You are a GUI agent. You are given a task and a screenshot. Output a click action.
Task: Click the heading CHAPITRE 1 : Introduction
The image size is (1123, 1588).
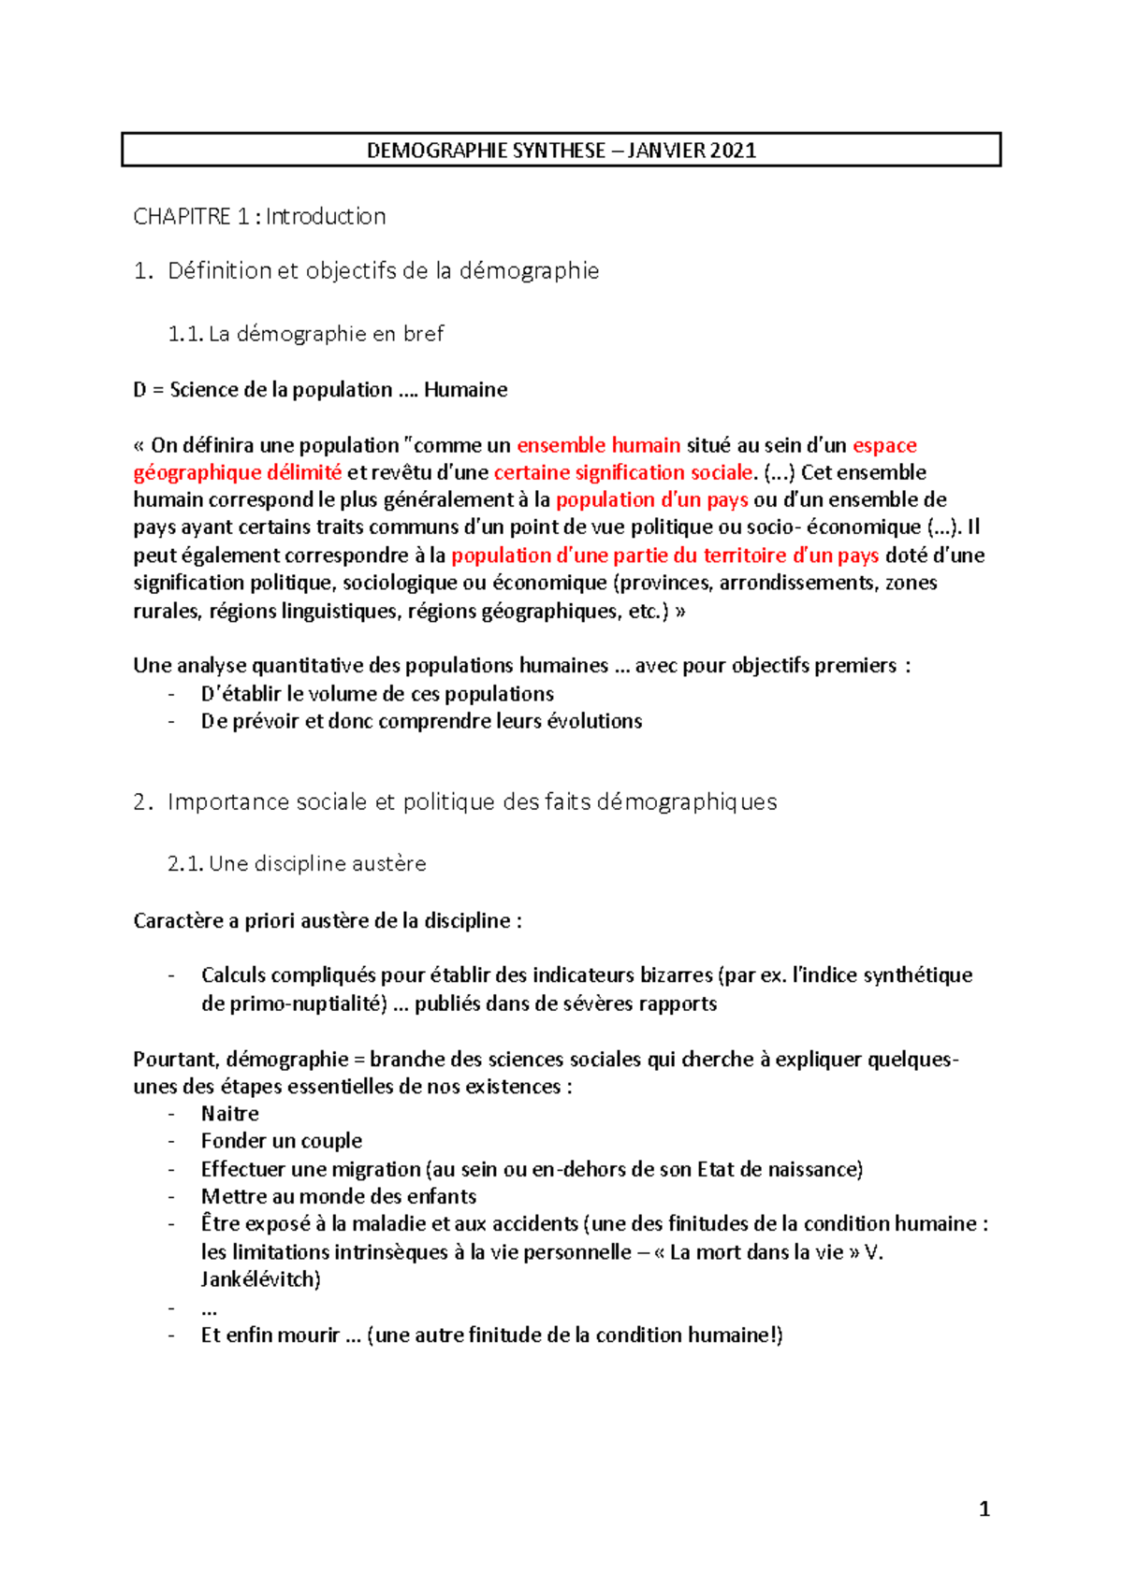click(259, 217)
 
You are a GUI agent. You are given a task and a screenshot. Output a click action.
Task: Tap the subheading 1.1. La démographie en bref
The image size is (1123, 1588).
click(305, 334)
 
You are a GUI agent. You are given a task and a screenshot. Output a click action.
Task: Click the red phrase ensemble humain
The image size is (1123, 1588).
click(598, 445)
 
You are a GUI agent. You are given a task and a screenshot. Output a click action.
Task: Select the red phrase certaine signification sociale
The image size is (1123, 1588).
click(623, 472)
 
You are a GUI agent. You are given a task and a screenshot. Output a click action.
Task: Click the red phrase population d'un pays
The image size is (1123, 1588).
click(651, 499)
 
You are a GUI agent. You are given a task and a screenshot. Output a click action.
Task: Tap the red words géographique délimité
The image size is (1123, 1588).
click(237, 472)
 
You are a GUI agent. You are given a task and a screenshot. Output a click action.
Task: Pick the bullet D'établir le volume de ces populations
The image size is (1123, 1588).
click(377, 694)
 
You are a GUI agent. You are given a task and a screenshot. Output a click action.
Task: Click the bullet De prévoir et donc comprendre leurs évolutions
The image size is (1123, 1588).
click(421, 721)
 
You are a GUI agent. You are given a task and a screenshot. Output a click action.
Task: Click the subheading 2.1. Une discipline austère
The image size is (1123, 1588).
click(297, 864)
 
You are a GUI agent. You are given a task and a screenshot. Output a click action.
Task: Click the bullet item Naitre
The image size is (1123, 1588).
click(229, 1114)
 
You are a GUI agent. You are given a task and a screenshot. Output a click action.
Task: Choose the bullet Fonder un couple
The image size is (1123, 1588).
click(281, 1141)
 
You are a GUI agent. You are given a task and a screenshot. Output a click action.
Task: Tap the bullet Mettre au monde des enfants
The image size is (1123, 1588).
click(338, 1196)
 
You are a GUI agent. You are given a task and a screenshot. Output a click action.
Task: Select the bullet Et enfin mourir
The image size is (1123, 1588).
click(270, 1335)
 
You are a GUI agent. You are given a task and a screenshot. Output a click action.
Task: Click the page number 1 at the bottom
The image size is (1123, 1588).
click(984, 1509)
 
